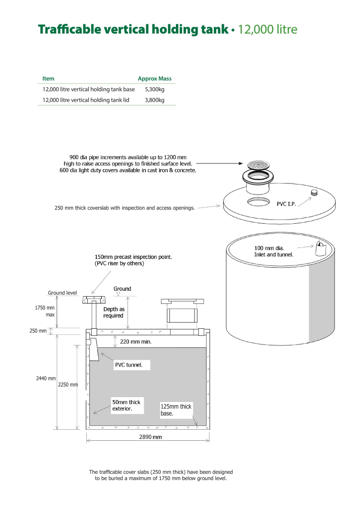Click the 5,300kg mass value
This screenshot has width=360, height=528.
[x=154, y=89]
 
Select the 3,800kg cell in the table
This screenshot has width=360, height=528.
[x=154, y=100]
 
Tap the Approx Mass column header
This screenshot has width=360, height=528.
[x=154, y=79]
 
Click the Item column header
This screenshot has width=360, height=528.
[x=48, y=79]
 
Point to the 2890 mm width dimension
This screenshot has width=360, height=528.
[x=151, y=437]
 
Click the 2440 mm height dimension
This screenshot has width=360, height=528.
[x=46, y=379]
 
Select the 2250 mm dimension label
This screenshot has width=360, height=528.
[x=68, y=385]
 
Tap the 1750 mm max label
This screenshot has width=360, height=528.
[x=45, y=311]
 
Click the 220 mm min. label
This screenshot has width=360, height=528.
[x=136, y=342]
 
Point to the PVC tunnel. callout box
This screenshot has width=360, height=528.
[x=131, y=365]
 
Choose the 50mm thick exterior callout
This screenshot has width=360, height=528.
[x=128, y=405]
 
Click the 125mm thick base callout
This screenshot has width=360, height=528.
[x=176, y=410]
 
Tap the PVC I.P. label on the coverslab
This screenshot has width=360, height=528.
[x=286, y=204]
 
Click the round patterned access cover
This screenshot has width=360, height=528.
[x=258, y=165]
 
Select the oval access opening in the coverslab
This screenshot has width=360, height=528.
[x=258, y=202]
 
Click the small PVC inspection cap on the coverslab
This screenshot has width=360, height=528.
[x=314, y=192]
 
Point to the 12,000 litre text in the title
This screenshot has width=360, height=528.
[x=268, y=29]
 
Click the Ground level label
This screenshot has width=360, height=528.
[x=62, y=293]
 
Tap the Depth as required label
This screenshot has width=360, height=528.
[x=114, y=312]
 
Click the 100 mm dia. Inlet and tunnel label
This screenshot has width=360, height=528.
[x=273, y=251]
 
